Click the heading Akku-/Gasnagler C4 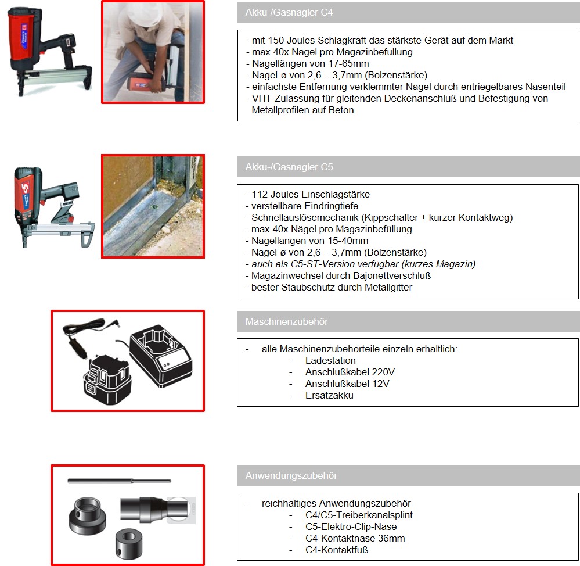click(x=289, y=13)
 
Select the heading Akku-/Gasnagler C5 click(x=289, y=167)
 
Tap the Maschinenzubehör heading click(x=287, y=321)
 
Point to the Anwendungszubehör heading click(x=291, y=476)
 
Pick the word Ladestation click(x=330, y=360)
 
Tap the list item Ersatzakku click(x=329, y=395)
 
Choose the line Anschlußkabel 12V click(x=347, y=384)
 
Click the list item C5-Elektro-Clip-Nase click(x=351, y=526)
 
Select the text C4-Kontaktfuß click(x=337, y=550)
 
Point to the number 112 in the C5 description click(x=260, y=194)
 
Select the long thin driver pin click(x=119, y=481)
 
